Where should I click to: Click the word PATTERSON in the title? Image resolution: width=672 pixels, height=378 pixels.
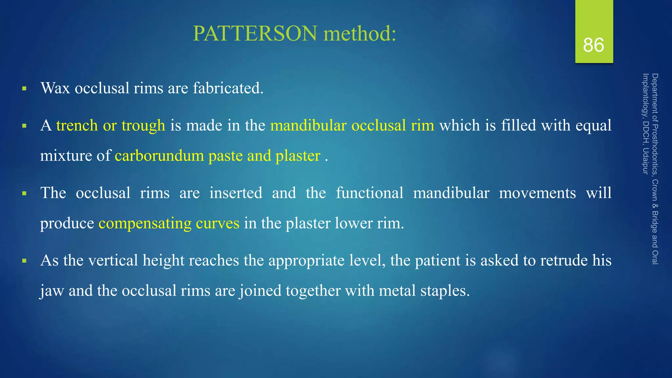click(x=255, y=33)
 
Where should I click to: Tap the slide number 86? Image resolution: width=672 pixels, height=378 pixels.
click(x=594, y=45)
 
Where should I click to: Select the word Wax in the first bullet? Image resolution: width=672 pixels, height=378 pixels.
click(x=55, y=88)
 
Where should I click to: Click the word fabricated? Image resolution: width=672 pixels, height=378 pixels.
click(x=228, y=88)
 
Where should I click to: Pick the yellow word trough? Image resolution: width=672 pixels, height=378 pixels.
click(x=143, y=125)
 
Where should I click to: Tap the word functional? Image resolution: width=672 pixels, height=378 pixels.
click(x=369, y=193)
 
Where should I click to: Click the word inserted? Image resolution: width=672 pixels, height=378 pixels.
click(x=236, y=193)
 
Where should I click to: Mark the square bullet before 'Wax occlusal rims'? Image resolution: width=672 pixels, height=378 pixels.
click(x=24, y=89)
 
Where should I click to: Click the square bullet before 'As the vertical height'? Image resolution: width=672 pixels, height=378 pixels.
click(x=24, y=261)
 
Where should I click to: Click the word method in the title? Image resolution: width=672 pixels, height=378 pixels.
click(x=360, y=33)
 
